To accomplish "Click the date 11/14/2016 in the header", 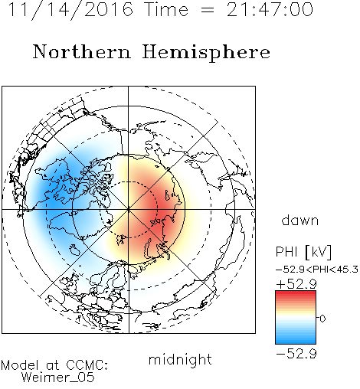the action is point(70,10).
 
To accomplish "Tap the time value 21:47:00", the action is point(270,9).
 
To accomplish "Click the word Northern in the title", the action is point(82,52).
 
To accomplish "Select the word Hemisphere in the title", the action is point(206,53).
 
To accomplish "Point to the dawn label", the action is point(300,220).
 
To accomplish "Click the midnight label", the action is point(180,360).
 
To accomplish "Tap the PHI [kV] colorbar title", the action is point(303,252).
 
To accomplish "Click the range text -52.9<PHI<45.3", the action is point(317,270).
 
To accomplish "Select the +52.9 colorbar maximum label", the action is point(296,284).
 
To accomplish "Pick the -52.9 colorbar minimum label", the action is point(296,354).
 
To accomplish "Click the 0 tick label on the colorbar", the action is point(322,319).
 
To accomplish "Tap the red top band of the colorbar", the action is point(296,295).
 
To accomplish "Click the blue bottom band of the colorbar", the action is point(296,340).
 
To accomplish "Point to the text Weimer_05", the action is point(58,378).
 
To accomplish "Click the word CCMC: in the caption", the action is point(87,365).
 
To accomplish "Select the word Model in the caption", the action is point(20,365).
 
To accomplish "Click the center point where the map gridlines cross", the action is point(129,209).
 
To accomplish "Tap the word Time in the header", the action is point(166,9).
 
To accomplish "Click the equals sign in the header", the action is point(207,10).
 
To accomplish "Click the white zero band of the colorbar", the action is point(296,318).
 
